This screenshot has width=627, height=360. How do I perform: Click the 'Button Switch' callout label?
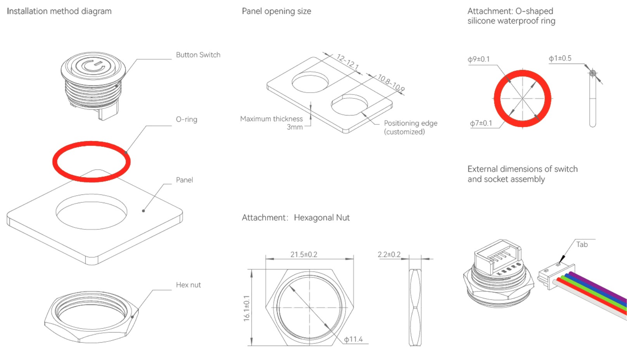pyautogui.click(x=198, y=55)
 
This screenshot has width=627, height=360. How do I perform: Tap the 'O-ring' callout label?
pyautogui.click(x=187, y=119)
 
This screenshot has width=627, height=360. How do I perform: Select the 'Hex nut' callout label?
pyautogui.click(x=188, y=285)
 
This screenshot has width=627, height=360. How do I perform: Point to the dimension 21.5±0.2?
pyautogui.click(x=304, y=255)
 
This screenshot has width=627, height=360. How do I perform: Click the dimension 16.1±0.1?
pyautogui.click(x=247, y=308)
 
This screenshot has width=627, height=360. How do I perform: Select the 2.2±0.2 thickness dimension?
pyautogui.click(x=389, y=255)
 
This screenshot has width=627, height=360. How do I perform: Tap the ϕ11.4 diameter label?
pyautogui.click(x=353, y=339)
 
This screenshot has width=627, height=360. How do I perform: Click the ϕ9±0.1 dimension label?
pyautogui.click(x=478, y=59)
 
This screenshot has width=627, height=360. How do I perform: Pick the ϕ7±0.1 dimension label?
pyautogui.click(x=481, y=123)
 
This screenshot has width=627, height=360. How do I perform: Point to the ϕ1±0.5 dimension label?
pyautogui.click(x=560, y=59)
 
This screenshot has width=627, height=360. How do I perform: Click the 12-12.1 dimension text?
pyautogui.click(x=347, y=62)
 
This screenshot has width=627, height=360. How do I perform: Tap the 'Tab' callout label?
pyautogui.click(x=582, y=245)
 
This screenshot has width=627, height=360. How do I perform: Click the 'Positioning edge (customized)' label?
pyautogui.click(x=410, y=127)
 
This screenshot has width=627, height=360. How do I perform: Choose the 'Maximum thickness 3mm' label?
pyautogui.click(x=271, y=123)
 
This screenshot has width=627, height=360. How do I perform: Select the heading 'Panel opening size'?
pyautogui.click(x=276, y=11)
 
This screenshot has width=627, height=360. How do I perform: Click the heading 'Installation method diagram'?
pyautogui.click(x=59, y=11)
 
